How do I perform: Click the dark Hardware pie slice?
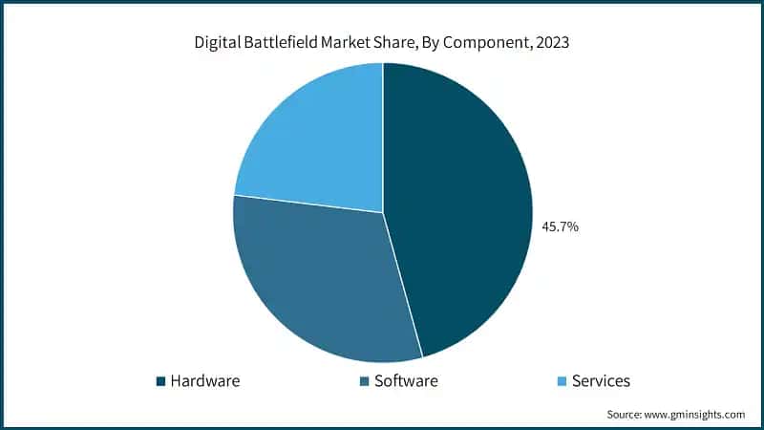[x=458, y=210]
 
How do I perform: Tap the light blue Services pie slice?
[x=310, y=143]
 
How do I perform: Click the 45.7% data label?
[x=560, y=227]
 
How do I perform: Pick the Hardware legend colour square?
[x=160, y=381]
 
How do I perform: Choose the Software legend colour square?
[x=364, y=381]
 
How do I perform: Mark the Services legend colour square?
[x=562, y=381]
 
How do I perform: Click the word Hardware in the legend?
[x=204, y=381]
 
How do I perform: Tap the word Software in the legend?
[x=406, y=381]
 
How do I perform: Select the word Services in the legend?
[x=601, y=381]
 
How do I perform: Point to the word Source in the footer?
[x=626, y=415]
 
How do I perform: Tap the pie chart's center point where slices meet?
[x=383, y=212]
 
